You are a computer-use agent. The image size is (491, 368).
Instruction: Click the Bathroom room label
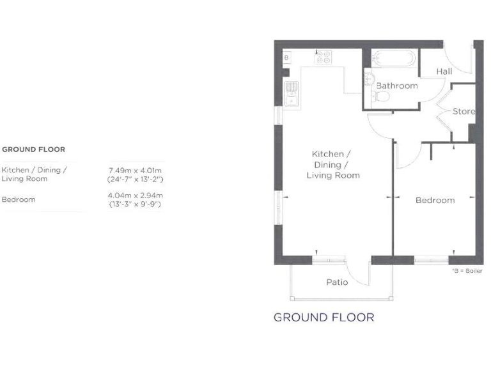click(x=396, y=86)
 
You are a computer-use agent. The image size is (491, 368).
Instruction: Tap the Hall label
click(x=444, y=72)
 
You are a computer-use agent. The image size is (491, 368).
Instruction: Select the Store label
click(x=464, y=111)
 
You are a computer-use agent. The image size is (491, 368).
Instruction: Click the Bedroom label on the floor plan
click(x=435, y=200)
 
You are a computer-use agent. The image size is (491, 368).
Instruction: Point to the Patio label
click(x=337, y=282)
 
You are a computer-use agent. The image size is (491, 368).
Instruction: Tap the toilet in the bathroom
click(x=382, y=96)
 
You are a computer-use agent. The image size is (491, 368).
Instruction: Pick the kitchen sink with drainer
click(x=292, y=94)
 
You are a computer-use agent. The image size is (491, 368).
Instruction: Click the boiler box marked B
click(x=286, y=57)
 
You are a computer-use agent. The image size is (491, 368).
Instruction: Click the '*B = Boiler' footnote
click(x=467, y=271)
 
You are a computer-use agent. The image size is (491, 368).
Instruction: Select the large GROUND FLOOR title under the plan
click(x=323, y=318)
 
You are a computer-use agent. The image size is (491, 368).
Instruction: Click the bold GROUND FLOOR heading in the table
click(x=33, y=149)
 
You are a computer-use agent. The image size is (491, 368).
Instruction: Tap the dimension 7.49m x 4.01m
click(x=135, y=171)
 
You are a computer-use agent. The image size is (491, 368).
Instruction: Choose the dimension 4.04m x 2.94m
click(x=135, y=195)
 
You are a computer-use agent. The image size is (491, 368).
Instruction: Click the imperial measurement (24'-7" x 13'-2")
click(x=135, y=179)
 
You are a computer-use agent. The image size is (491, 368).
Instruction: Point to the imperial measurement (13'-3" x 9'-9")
click(x=135, y=204)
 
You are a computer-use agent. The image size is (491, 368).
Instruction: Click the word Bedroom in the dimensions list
click(x=18, y=199)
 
